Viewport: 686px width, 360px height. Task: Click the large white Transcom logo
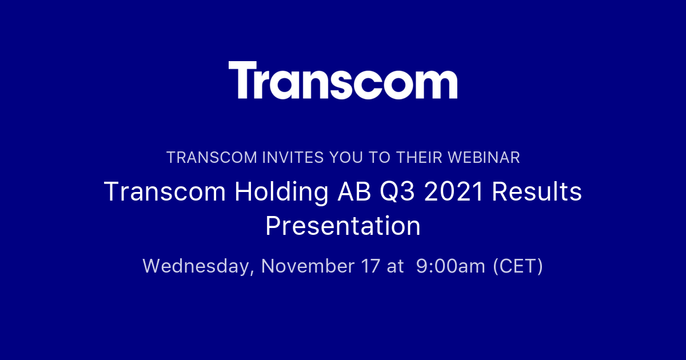(x=343, y=81)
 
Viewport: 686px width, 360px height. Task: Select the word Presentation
(x=343, y=226)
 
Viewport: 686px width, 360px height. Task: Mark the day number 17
(x=370, y=266)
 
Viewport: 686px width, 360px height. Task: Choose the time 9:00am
(x=450, y=266)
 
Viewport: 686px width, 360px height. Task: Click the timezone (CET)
(x=518, y=266)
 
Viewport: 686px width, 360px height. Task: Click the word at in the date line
(x=396, y=266)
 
